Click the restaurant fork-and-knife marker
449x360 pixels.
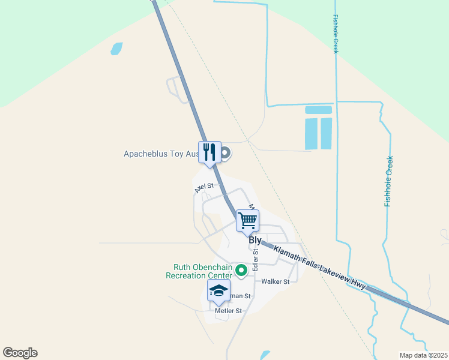click(209, 152)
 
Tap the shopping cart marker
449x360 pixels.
click(247, 220)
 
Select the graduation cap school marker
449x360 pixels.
click(218, 291)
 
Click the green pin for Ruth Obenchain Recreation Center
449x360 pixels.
click(241, 271)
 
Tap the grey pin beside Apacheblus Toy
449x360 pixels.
click(225, 154)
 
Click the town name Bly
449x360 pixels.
click(255, 240)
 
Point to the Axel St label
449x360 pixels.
click(204, 188)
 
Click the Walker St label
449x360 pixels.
click(276, 281)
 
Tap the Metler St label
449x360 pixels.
click(228, 311)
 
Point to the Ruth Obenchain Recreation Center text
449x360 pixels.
click(202, 271)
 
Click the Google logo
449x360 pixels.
click(20, 353)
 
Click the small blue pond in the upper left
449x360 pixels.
click(116, 49)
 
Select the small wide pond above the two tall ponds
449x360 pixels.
click(319, 110)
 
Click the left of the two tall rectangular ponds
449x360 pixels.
click(311, 134)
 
